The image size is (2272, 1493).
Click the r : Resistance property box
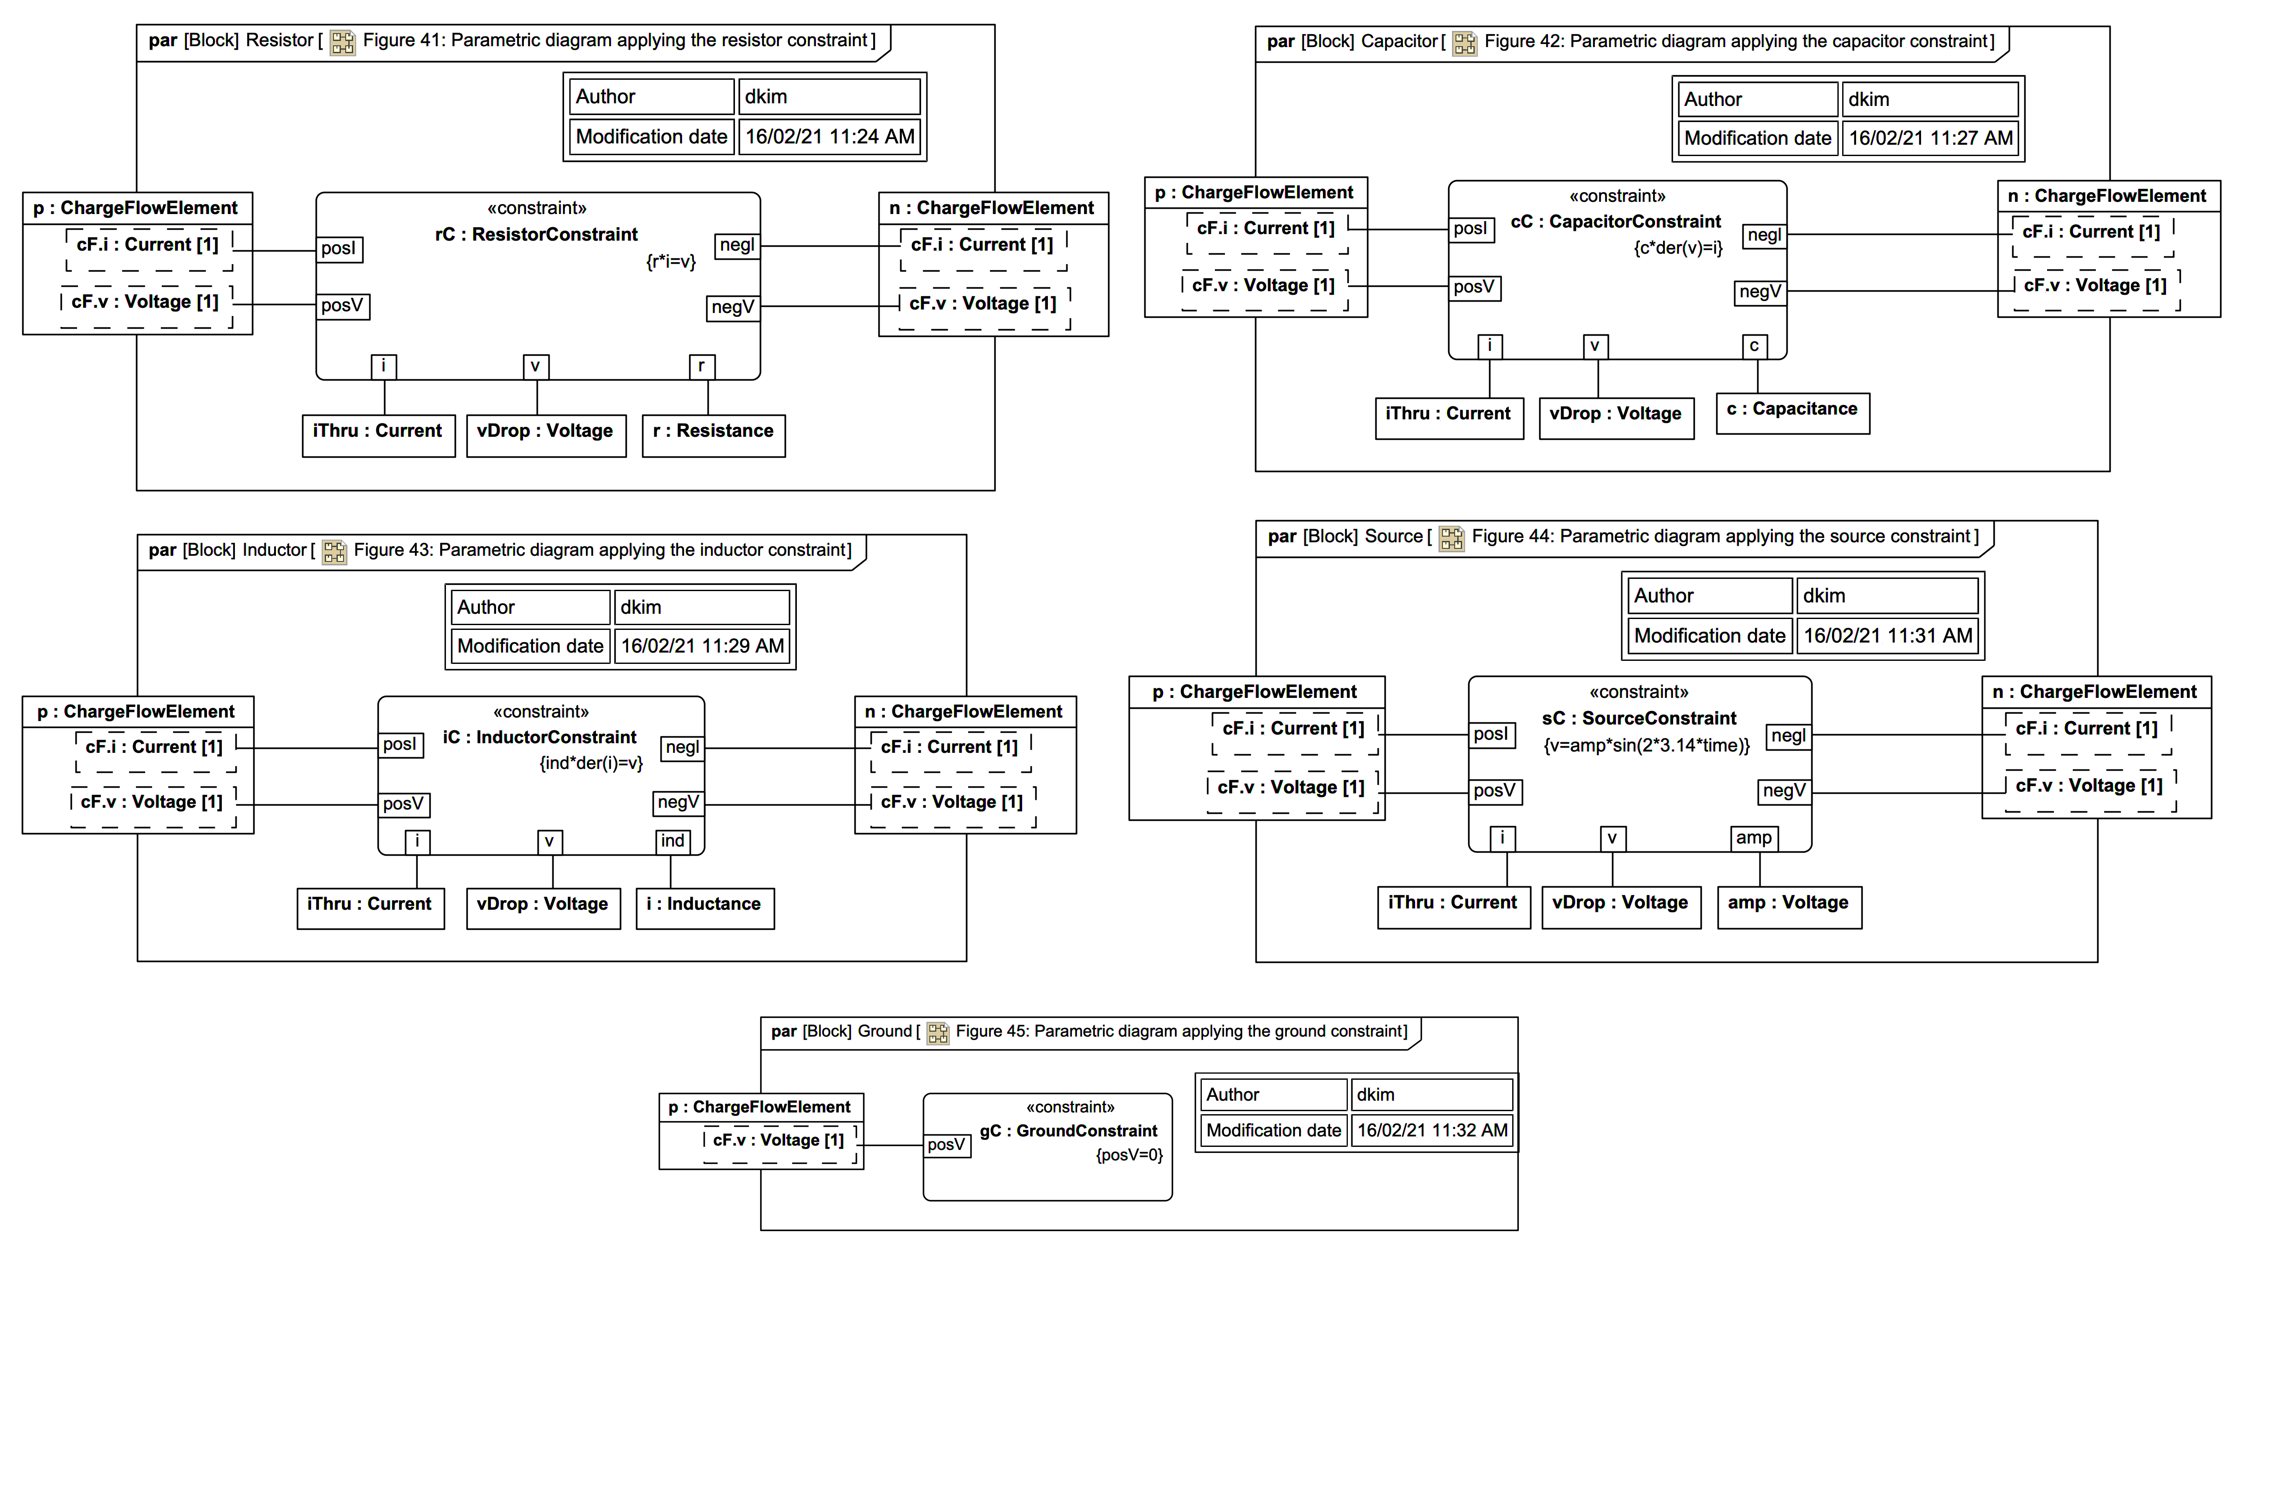[713, 435]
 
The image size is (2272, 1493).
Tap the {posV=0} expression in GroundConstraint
[1128, 1155]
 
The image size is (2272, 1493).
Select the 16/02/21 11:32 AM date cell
[1432, 1130]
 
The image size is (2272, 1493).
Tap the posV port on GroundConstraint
[946, 1145]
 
